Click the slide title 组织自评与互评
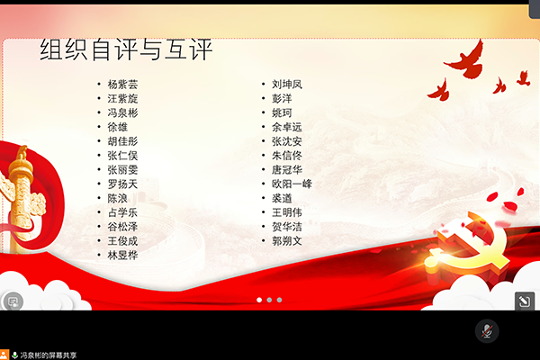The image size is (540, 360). click(126, 50)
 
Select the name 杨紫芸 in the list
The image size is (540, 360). click(122, 85)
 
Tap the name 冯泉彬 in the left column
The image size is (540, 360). click(122, 113)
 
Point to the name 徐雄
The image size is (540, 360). click(117, 127)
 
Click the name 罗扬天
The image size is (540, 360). click(122, 184)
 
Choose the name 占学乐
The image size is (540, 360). click(122, 212)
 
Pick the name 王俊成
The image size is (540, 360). click(122, 241)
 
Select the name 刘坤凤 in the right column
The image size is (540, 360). click(287, 85)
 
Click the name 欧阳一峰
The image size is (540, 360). click(292, 184)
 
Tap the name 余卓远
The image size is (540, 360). click(287, 127)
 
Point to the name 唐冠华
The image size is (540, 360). click(287, 170)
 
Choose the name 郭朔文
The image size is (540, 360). click(287, 241)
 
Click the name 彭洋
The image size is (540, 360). click(282, 98)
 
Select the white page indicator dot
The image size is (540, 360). click(259, 300)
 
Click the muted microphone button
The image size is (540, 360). click(487, 331)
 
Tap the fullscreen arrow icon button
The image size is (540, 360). click(525, 301)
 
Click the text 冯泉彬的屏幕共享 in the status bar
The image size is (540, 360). click(49, 355)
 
